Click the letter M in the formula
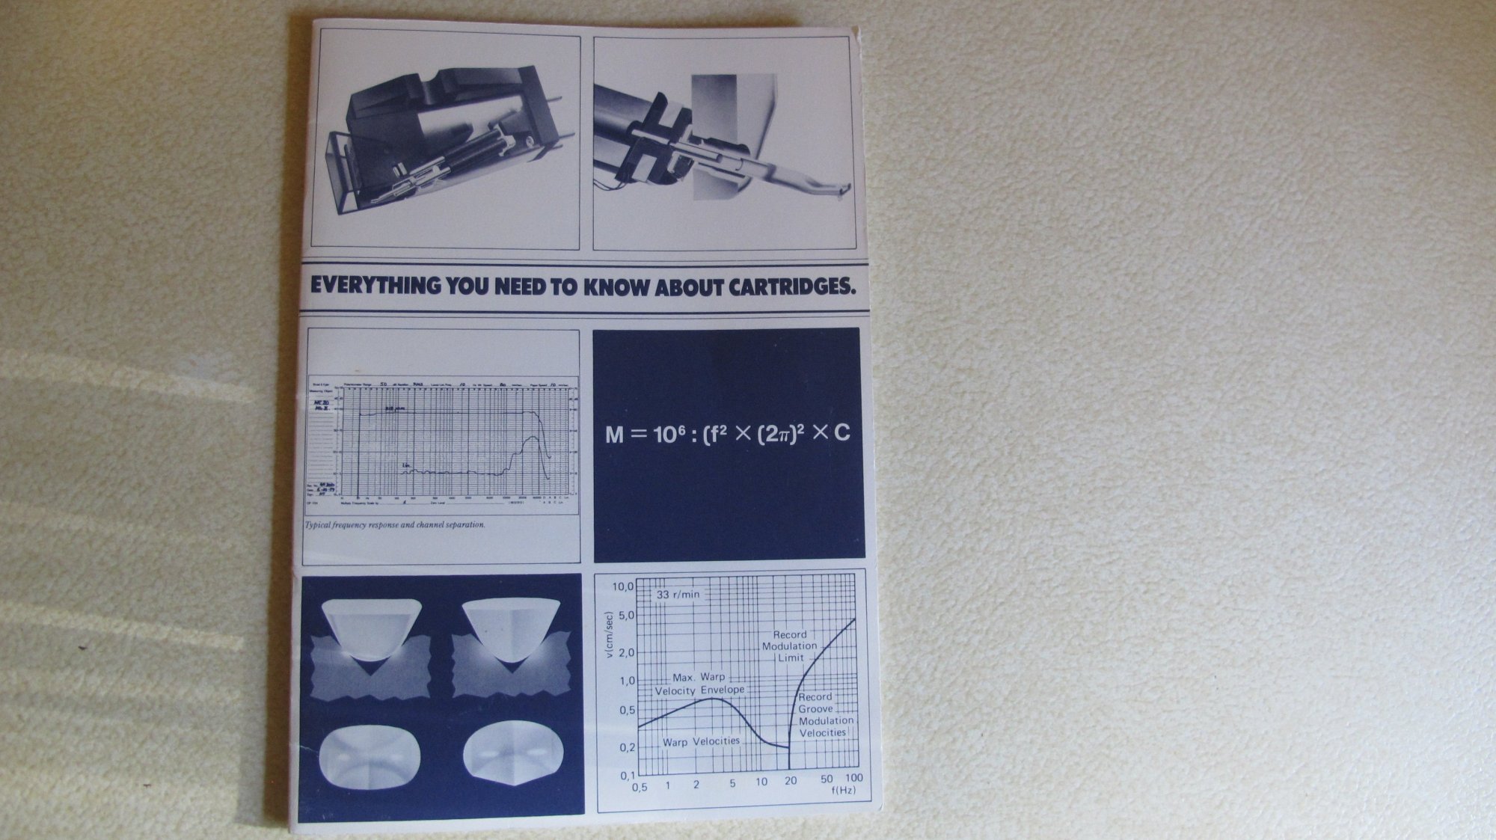click(x=614, y=435)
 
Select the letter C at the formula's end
click(x=841, y=433)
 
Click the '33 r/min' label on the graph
click(x=678, y=595)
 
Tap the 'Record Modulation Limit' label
click(x=790, y=646)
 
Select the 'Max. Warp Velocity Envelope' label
click(x=699, y=684)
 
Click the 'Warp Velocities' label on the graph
click(x=701, y=741)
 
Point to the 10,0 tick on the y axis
click(x=623, y=586)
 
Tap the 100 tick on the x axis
click(x=853, y=778)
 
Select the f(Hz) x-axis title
click(x=843, y=790)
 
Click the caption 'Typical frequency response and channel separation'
click(x=395, y=524)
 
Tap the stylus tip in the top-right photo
click(x=845, y=191)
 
